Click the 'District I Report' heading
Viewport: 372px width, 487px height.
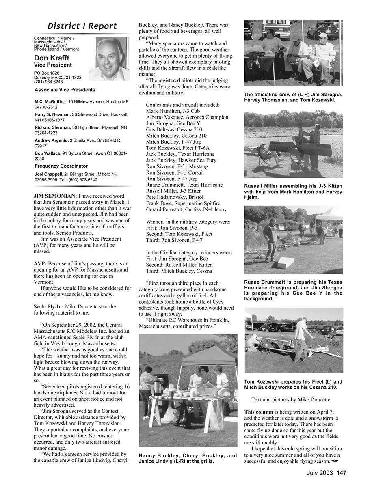pyautogui.click(x=82, y=26)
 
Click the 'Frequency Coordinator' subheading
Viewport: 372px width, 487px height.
pyautogui.click(x=61, y=166)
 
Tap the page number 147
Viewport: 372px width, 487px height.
pyautogui.click(x=341, y=473)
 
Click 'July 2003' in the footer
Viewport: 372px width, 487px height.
pyautogui.click(x=320, y=473)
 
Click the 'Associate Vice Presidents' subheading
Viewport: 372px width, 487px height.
pyautogui.click(x=65, y=90)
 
